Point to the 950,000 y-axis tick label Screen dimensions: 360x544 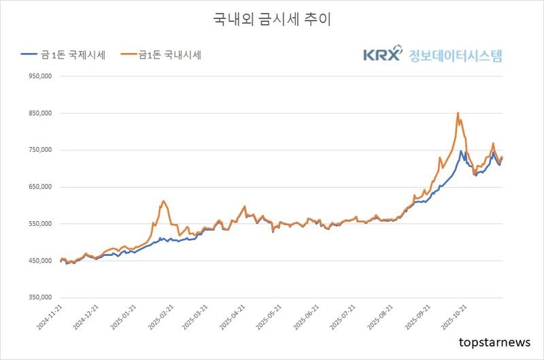[x=38, y=76]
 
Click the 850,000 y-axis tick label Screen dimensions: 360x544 [x=38, y=113]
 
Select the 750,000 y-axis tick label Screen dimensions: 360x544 [x=38, y=150]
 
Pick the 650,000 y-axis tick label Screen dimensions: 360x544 [x=38, y=186]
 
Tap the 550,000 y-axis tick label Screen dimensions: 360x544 [x=38, y=223]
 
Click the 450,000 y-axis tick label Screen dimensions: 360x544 [x=38, y=260]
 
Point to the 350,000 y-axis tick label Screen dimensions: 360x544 [x=38, y=297]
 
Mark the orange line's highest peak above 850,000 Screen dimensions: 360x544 [x=458, y=113]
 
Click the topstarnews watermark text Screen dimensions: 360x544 [x=494, y=342]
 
